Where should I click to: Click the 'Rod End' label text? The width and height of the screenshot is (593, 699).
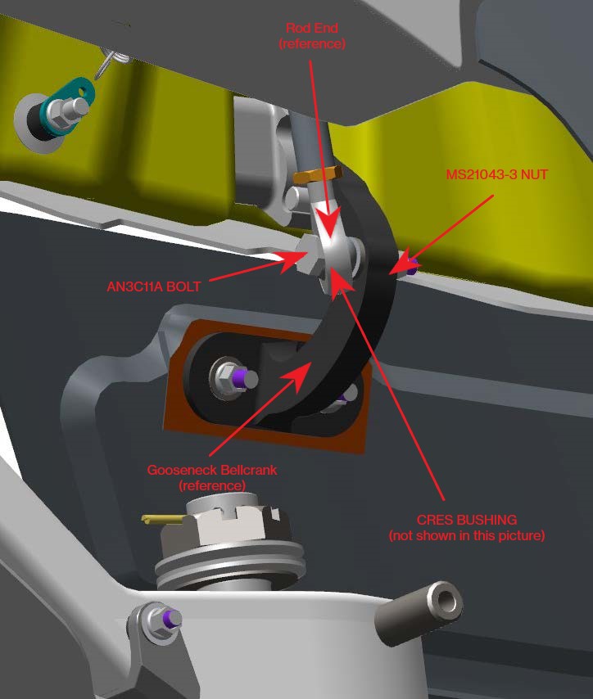coord(312,29)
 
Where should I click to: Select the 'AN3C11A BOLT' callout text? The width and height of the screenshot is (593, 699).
coord(154,286)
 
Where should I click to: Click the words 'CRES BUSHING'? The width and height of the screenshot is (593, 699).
coord(466,520)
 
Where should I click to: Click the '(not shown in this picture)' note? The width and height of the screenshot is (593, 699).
coord(466,536)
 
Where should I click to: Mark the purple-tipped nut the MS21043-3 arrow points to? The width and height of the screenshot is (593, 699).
coord(410,264)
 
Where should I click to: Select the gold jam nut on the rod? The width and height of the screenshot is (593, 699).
coord(315,175)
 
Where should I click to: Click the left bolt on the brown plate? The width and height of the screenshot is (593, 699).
coord(232,377)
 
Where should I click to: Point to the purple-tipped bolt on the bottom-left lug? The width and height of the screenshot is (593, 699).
coord(162,620)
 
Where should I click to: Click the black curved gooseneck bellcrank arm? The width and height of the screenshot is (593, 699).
coord(360,327)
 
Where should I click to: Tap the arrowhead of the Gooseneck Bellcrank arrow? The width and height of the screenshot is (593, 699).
coord(305,369)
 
